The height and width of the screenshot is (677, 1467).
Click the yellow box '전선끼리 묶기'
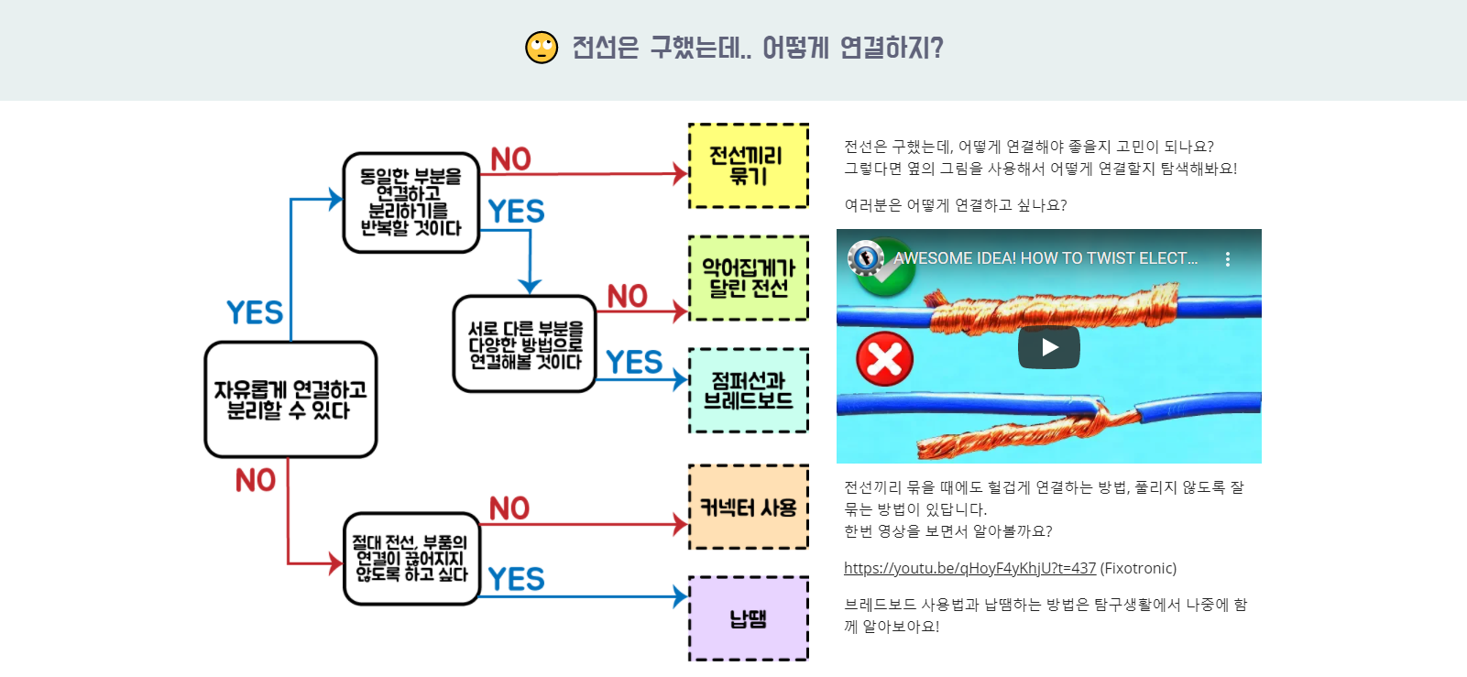pos(748,166)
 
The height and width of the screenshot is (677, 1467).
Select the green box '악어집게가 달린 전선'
pos(748,278)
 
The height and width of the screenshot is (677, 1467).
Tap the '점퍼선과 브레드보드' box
pos(748,390)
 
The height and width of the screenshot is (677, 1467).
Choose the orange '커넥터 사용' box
pos(748,508)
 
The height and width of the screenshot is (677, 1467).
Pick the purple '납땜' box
pos(748,619)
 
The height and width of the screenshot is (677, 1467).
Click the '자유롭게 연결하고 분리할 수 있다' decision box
pos(290,399)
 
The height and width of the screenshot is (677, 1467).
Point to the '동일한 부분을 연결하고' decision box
pos(411,202)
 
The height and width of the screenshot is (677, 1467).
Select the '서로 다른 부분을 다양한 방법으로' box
pos(524,344)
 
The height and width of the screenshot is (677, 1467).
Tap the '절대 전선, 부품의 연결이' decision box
pos(411,559)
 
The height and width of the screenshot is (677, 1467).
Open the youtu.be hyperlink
pos(969,568)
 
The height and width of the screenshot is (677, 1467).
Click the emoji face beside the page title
pos(542,48)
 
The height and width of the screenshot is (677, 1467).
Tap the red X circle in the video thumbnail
pos(884,358)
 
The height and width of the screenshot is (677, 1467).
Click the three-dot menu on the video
pos(1228,259)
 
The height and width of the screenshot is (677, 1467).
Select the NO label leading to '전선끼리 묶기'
pos(510,159)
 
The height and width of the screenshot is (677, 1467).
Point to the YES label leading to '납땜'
pos(516,579)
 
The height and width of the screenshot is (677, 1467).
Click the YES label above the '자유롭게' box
pos(255,312)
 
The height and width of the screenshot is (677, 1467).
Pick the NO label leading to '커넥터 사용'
pos(509,508)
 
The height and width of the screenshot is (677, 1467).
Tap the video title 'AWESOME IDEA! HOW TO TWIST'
pos(1046,258)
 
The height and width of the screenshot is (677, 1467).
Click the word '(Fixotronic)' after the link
pos(1138,568)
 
